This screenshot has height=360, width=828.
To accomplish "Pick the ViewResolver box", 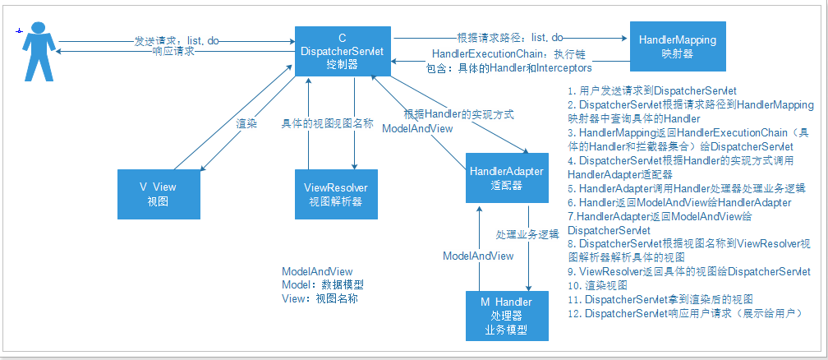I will click(336, 193).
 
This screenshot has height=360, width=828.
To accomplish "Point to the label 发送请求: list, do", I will click(177, 39).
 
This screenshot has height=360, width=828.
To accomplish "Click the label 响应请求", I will click(173, 51).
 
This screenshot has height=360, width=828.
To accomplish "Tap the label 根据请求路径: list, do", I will click(509, 37).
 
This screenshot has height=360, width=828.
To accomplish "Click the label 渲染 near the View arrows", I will click(247, 123).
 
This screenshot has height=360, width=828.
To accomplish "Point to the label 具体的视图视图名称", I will click(327, 123).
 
